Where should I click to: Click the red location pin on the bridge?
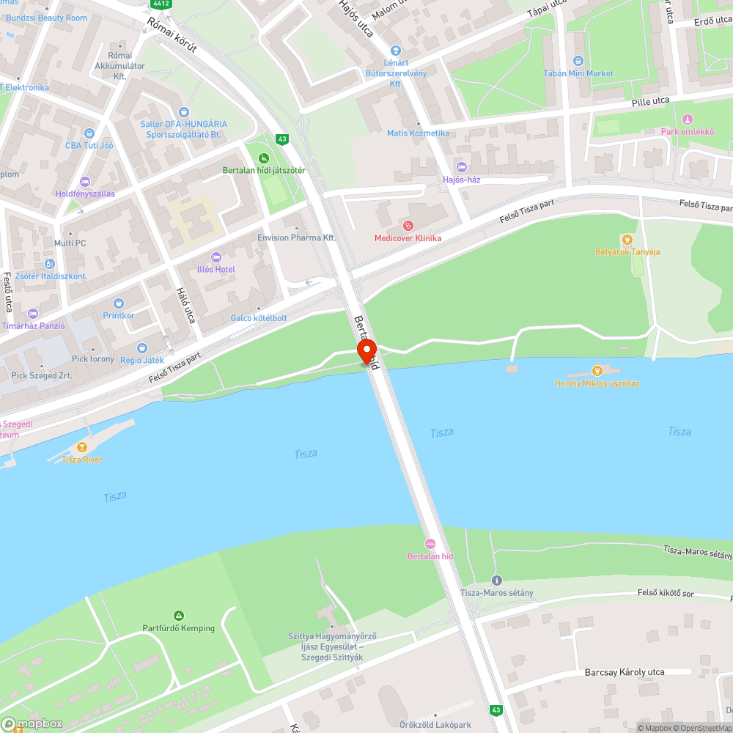(x=366, y=350)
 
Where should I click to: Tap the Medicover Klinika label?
(x=408, y=237)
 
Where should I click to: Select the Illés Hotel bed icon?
(x=216, y=257)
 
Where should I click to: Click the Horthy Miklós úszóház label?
(x=597, y=383)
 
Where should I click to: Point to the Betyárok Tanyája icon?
(x=627, y=239)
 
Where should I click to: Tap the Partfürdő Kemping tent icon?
(x=178, y=615)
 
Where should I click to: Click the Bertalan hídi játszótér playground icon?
(x=264, y=158)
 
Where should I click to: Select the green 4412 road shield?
(x=162, y=4)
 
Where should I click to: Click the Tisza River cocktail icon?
(x=82, y=446)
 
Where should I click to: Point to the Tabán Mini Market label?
(x=578, y=73)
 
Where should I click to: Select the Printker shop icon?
(x=119, y=303)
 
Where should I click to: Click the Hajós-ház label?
(x=462, y=180)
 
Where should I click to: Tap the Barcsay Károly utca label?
(x=624, y=672)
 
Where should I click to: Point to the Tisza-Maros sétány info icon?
(x=496, y=580)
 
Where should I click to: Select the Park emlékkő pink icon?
(x=687, y=119)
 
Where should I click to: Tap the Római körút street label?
(x=172, y=35)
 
